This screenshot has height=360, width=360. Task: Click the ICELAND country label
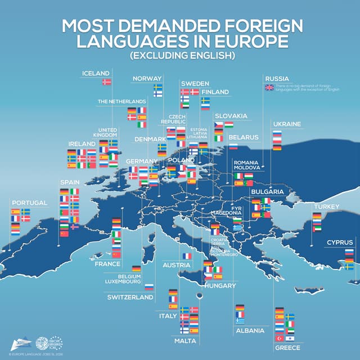[96, 73]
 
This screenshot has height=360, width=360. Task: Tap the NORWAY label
[147, 78]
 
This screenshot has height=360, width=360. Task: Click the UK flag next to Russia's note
[269, 87]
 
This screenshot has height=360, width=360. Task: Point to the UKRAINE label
[287, 124]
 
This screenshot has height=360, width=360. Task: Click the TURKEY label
[326, 207]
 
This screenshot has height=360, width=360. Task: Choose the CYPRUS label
[340, 242]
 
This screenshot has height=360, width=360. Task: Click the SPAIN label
[70, 183]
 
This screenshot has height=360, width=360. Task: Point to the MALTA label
[185, 341]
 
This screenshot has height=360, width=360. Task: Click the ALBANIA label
[250, 331]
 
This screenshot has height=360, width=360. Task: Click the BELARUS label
[243, 137]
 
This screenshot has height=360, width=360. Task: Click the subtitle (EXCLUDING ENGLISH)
[180, 56]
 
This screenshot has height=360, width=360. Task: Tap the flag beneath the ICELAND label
[106, 82]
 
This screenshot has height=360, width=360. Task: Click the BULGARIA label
[267, 192]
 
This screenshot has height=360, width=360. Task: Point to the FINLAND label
[215, 92]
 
